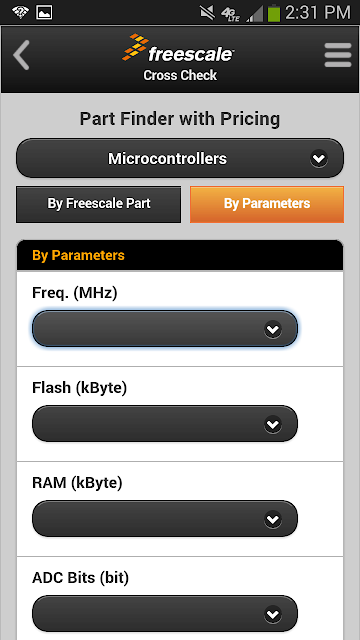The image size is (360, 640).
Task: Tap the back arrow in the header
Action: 21,55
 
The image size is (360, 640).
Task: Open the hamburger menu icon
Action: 338,55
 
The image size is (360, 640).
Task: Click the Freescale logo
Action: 178,48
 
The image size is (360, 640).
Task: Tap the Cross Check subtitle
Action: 180,75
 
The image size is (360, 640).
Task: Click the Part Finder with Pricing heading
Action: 180,119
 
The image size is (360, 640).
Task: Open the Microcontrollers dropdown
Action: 180,158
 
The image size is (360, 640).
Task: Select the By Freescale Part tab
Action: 98,204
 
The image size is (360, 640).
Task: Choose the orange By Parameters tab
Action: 267,204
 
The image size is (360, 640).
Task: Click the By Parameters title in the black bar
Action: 78,256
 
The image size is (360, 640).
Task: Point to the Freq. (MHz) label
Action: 75,293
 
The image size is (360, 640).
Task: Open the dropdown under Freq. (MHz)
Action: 165,329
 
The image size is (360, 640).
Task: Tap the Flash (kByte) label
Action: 80,388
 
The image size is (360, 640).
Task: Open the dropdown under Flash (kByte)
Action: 165,424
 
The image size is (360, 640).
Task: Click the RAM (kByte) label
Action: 77,483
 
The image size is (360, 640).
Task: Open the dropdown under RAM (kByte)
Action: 165,519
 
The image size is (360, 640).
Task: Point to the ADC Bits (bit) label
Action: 80,578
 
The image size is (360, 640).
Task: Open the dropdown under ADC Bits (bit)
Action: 165,613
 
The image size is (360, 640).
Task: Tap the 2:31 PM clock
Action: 318,13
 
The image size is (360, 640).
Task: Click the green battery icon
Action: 274,13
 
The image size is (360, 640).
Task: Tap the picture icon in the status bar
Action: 44,12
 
